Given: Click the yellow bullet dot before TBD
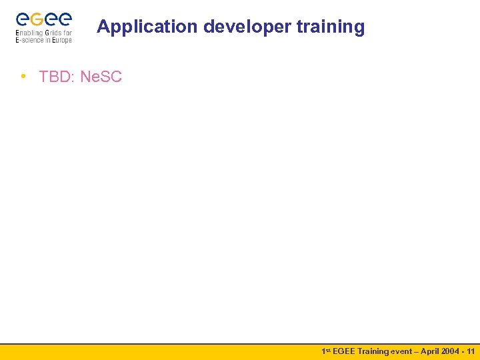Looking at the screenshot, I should [23, 76].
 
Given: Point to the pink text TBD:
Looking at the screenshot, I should [57, 77].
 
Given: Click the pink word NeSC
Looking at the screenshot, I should [101, 77].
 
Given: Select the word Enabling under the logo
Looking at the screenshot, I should [29, 33].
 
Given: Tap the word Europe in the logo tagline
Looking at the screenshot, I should [61, 40].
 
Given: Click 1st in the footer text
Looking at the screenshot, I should [326, 351].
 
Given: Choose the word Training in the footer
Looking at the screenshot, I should [374, 351].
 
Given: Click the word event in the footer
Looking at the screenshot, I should [402, 351].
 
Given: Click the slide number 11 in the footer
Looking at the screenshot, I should [471, 351].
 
